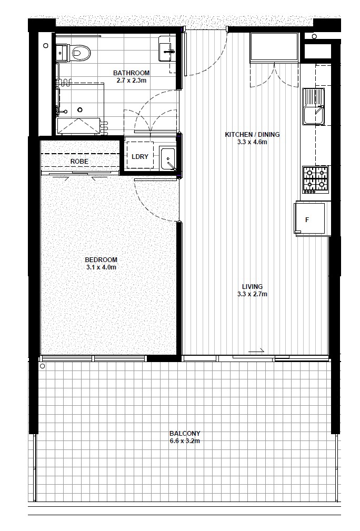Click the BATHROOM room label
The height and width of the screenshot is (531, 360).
(x=132, y=73)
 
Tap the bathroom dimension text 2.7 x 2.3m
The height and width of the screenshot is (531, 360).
(x=132, y=81)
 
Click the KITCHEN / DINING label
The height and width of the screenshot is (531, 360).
(x=252, y=135)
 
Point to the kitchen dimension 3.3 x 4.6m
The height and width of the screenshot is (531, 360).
(x=252, y=142)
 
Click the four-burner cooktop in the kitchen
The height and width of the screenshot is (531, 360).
(x=315, y=178)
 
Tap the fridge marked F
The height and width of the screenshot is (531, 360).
(x=311, y=218)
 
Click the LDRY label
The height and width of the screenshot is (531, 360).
(x=139, y=157)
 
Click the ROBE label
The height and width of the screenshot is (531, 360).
(x=79, y=162)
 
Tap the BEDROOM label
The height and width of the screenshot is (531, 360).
(x=101, y=260)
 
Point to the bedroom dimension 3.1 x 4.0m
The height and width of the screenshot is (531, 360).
(x=101, y=267)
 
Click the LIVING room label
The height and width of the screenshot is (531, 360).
(x=252, y=287)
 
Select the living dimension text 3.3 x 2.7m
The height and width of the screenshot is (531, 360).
(x=252, y=294)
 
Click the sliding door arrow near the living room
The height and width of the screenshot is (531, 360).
(x=256, y=351)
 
